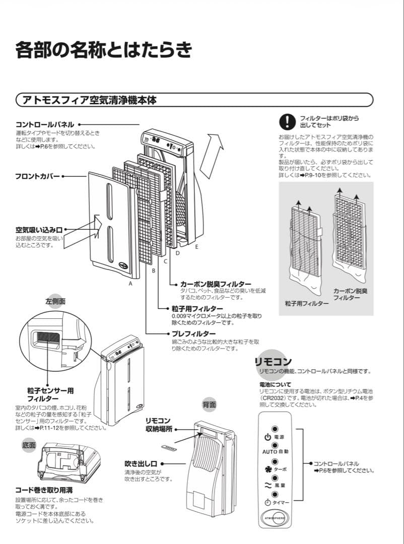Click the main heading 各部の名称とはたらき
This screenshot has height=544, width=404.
pyautogui.click(x=104, y=51)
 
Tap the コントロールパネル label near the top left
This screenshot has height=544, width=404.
pyautogui.click(x=45, y=124)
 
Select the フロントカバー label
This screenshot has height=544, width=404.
pyautogui.click(x=37, y=177)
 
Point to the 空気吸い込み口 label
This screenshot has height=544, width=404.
pyautogui.click(x=39, y=230)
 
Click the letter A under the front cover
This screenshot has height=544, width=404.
pyautogui.click(x=130, y=284)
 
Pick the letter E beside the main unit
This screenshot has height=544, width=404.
pyautogui.click(x=196, y=247)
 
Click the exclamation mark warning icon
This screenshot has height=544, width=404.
pyautogui.click(x=287, y=121)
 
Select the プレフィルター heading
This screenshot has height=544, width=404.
pyautogui.click(x=193, y=334)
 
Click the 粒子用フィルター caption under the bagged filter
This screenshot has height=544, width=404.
pyautogui.click(x=307, y=303)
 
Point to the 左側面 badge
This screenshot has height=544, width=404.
pyautogui.click(x=55, y=301)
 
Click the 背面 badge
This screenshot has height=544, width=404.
pyautogui.click(x=209, y=404)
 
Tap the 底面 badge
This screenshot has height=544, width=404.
pyautogui.click(x=29, y=445)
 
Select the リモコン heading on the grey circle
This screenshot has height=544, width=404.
pyautogui.click(x=273, y=362)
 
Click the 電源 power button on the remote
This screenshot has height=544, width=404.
pyautogui.click(x=275, y=429)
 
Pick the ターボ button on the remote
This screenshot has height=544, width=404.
pyautogui.click(x=275, y=461)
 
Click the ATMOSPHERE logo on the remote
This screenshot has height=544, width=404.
pyautogui.click(x=275, y=518)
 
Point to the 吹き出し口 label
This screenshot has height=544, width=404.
pyautogui.click(x=141, y=463)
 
